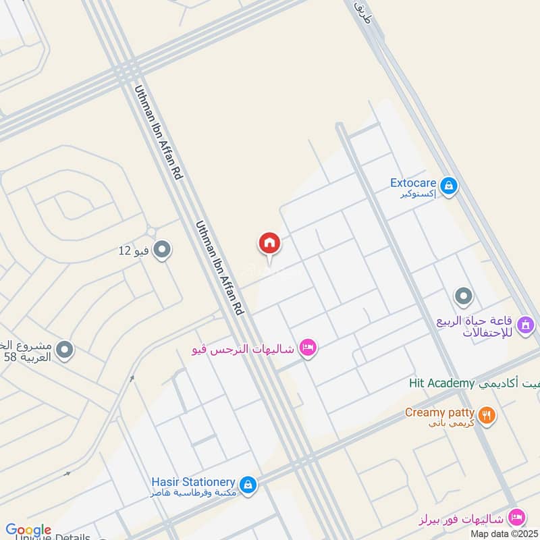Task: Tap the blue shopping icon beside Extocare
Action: pos(448,184)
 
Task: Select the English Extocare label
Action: pos(413,182)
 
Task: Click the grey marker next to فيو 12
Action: pos(162,250)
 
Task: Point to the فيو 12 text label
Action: pos(134,251)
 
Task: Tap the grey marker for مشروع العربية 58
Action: pos(65,350)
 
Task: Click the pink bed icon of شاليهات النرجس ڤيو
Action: pos(307,348)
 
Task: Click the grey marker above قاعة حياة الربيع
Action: pos(463,296)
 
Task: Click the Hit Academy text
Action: pos(442,383)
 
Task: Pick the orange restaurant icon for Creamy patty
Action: pos(486,414)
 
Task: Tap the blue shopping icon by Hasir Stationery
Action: pos(248,485)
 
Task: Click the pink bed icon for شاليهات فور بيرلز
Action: pos(516,518)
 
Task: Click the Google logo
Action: pos(28,530)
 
